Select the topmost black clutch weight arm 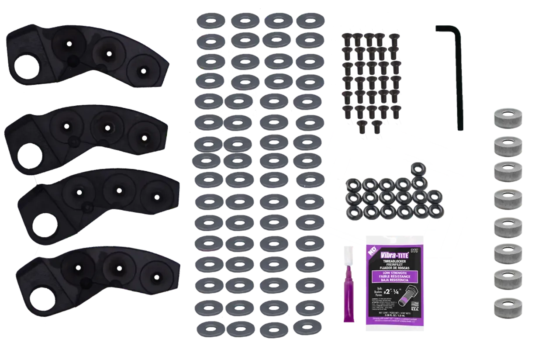[x=85, y=57]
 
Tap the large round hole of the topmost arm [x=28, y=68]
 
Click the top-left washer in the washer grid [x=210, y=20]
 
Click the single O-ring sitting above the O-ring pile [x=418, y=168]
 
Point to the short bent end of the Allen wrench [x=445, y=28]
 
